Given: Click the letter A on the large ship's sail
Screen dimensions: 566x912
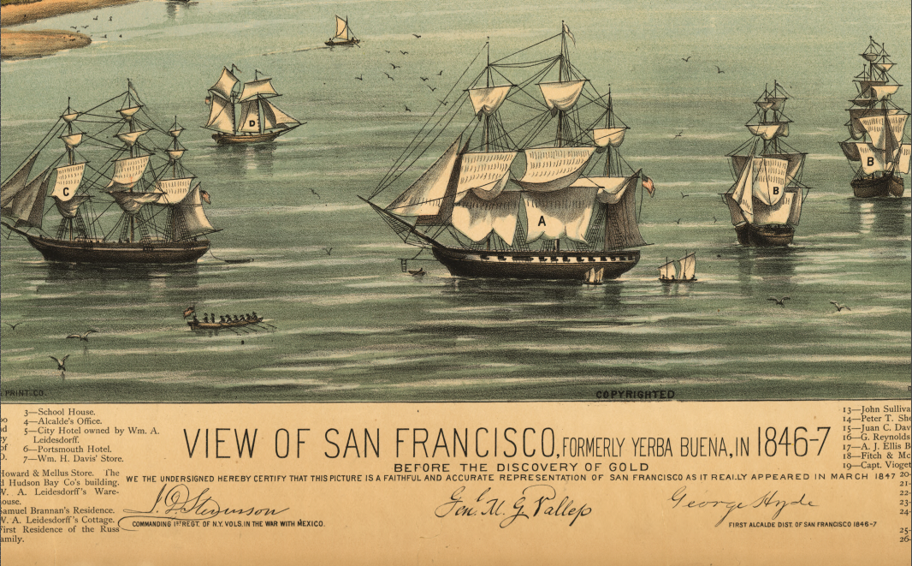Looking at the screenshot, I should coord(541,220).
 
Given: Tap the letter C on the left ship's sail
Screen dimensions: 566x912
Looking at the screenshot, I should coord(65,193).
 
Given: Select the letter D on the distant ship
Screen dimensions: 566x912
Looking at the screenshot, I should coord(252,122).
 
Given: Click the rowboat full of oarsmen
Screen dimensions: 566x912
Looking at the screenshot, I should coord(224,321).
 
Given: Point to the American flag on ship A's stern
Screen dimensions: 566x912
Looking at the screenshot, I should coord(647,184).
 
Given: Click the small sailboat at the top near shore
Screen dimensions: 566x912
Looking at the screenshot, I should coord(342,33).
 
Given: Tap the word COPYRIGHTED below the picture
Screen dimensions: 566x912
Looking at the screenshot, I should coord(634,395).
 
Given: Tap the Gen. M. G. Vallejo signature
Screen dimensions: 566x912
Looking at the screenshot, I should coord(512,507).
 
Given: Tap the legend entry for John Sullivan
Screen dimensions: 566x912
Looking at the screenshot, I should coord(876,411).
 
